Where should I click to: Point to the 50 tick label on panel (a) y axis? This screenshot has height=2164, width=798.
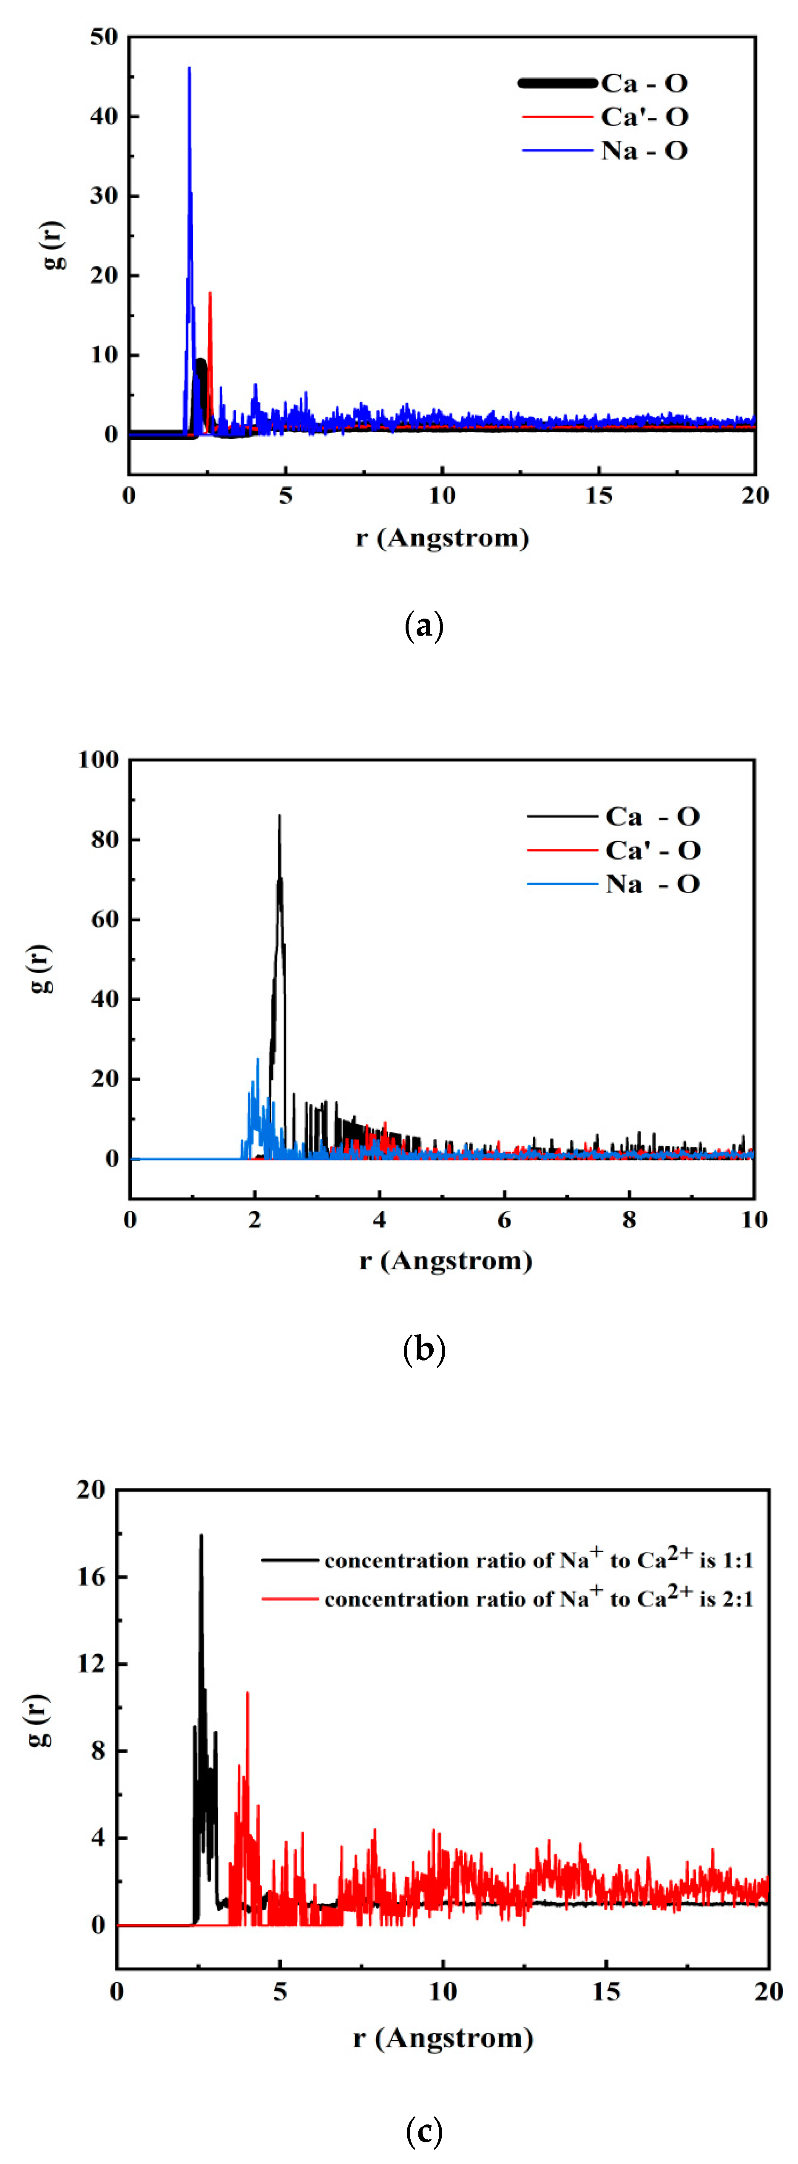pyautogui.click(x=104, y=37)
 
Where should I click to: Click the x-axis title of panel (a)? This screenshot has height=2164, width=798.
pyautogui.click(x=442, y=538)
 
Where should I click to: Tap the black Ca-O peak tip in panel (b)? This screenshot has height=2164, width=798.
pyautogui.click(x=280, y=816)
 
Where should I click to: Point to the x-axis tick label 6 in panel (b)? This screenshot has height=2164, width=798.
pyautogui.click(x=504, y=1220)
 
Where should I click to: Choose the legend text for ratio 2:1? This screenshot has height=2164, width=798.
pyautogui.click(x=538, y=1599)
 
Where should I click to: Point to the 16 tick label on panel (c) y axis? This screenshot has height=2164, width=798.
pyautogui.click(x=91, y=1577)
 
